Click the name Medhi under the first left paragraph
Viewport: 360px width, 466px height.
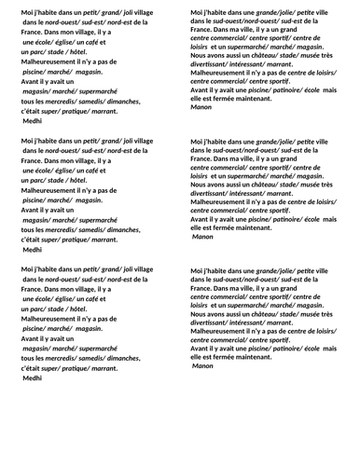(33, 122)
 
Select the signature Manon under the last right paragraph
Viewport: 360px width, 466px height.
(202, 365)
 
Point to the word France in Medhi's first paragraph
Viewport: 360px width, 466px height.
(34, 33)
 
